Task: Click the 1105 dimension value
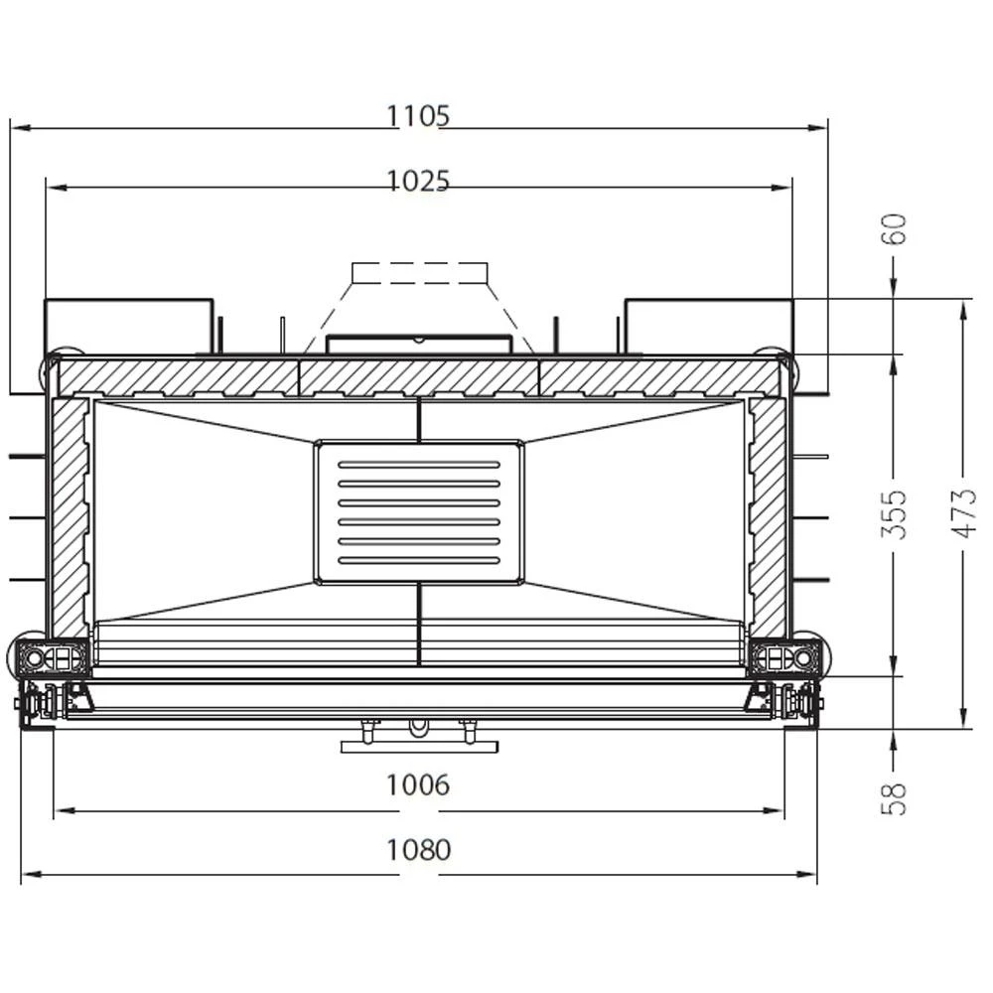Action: [x=418, y=116]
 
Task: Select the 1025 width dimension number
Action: [x=418, y=181]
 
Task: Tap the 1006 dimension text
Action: [x=418, y=785]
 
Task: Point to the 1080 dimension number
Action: [x=418, y=850]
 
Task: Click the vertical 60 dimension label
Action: [x=895, y=229]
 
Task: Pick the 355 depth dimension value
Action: [x=895, y=514]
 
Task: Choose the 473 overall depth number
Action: [x=964, y=513]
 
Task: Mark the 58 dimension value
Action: [x=895, y=799]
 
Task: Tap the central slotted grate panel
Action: [x=419, y=511]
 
